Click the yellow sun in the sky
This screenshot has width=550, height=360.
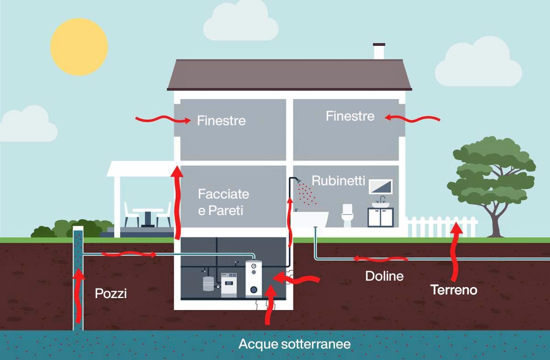79,46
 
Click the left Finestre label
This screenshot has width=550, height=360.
221,121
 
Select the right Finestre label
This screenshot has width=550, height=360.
350,116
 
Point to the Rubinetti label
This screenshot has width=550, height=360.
338,181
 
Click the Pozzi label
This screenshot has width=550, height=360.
110,293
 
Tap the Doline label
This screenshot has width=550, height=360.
385,276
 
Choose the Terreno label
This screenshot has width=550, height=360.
454,290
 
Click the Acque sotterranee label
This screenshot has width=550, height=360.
295,344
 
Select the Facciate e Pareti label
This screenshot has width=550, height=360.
223,202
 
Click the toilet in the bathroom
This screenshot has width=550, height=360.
347,216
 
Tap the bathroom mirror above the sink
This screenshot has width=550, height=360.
380,186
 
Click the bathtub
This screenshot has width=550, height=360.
310,219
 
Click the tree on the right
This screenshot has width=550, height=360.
493,179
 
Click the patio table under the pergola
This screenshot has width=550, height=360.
148,216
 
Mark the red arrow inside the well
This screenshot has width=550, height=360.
79,294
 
